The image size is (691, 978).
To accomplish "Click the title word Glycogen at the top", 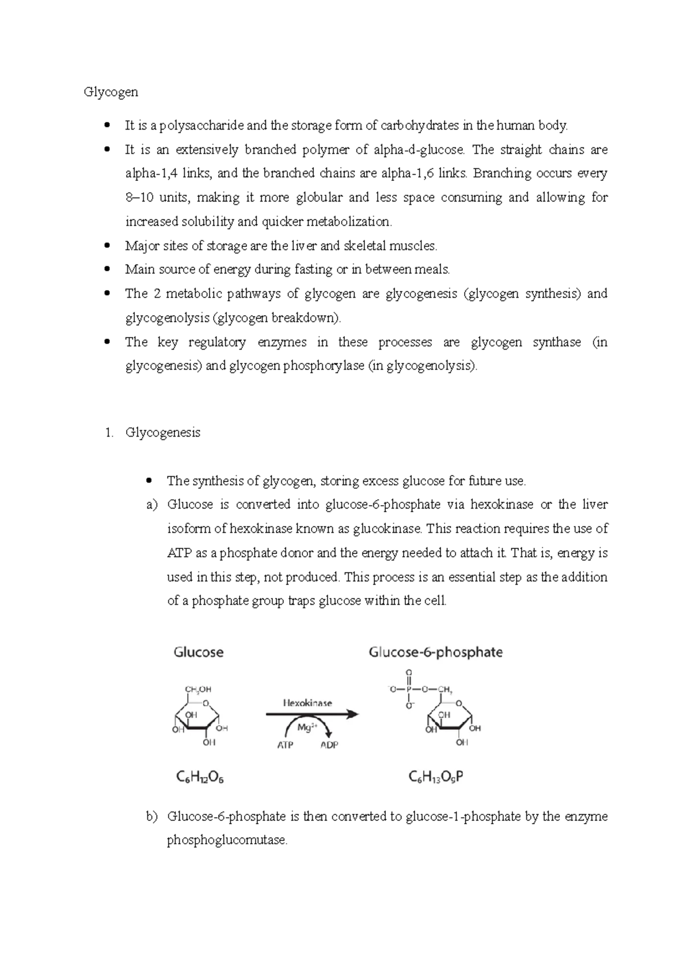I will click(111, 92).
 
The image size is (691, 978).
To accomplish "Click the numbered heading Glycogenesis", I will click(163, 433).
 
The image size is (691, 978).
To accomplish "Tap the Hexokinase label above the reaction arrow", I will click(307, 703).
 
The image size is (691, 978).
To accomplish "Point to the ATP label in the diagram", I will click(285, 745).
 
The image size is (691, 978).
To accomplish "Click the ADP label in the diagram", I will click(329, 745).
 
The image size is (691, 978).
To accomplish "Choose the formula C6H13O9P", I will click(436, 777).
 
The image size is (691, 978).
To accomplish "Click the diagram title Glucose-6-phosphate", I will click(435, 653).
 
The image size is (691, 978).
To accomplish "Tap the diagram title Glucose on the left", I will click(199, 653).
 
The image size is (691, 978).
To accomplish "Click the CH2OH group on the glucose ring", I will click(198, 689).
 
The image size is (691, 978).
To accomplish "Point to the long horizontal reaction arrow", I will click(311, 714).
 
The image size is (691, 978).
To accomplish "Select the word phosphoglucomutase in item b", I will click(226, 840).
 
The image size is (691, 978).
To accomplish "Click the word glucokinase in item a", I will click(387, 529).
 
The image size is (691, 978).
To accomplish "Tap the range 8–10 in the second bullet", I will click(139, 198).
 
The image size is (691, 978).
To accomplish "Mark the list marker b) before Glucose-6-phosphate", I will click(152, 817).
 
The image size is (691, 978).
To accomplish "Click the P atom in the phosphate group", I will click(409, 689).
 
